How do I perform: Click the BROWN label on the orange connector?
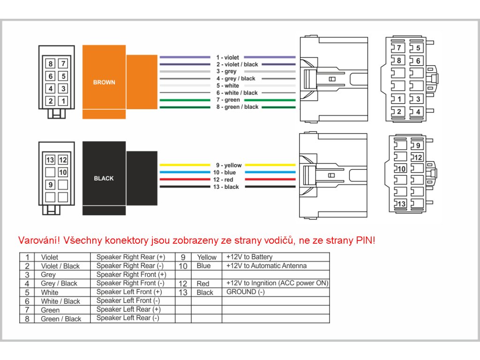point(104,82)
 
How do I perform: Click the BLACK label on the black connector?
point(104,179)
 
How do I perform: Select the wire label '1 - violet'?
point(227,58)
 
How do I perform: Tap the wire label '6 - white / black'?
point(237,93)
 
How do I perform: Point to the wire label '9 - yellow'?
point(229,165)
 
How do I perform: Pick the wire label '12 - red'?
point(223,180)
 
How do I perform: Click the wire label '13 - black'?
point(226,187)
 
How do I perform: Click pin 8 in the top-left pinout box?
point(51,64)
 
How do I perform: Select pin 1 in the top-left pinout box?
point(63,101)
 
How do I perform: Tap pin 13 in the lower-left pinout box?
point(50,159)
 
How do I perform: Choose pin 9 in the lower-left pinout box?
point(50,185)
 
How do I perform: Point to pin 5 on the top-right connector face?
point(418,48)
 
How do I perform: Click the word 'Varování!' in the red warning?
point(39,240)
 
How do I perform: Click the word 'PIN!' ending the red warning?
point(366,240)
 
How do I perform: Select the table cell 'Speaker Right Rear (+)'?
point(131,257)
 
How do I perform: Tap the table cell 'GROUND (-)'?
point(246,292)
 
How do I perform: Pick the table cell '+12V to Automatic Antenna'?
point(266,266)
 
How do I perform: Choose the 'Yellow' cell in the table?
point(207,257)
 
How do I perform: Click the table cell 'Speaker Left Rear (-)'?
point(127,318)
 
